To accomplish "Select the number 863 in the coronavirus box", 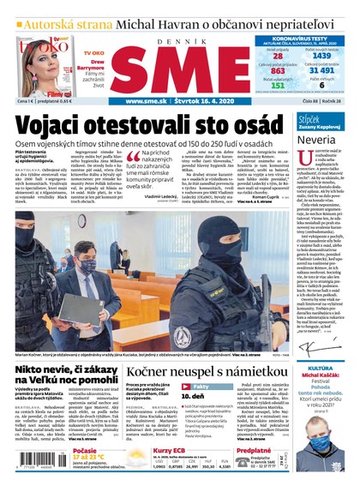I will point(277,72).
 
